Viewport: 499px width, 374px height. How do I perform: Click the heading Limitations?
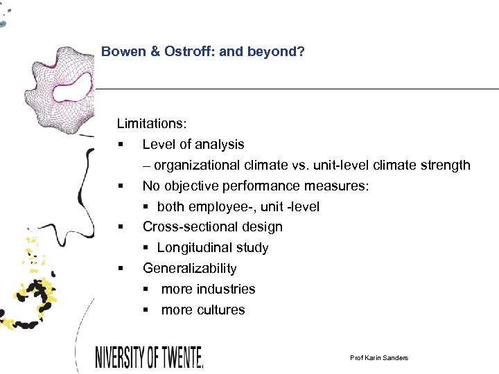point(151,124)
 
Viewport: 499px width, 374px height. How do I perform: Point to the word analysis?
point(218,145)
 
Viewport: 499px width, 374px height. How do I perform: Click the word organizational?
point(197,166)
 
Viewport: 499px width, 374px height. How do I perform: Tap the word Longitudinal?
point(194,248)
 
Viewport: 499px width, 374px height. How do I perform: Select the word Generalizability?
point(189,269)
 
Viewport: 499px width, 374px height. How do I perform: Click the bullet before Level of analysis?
point(120,145)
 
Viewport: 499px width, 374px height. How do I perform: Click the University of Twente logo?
point(149,357)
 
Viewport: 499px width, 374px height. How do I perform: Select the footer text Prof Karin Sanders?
point(379,357)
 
